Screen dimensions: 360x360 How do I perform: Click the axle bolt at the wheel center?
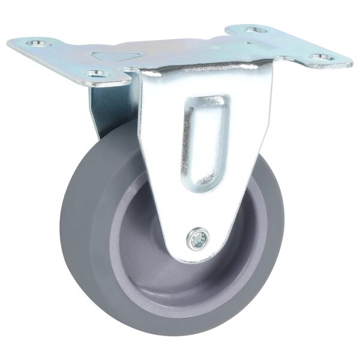tap(198, 239)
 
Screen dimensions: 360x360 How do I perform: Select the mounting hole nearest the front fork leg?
tap(96, 74)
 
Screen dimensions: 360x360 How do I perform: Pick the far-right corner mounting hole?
tap(322, 58)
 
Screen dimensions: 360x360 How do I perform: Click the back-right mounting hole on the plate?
tap(254, 29)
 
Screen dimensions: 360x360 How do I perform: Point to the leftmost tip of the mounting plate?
tap(9, 43)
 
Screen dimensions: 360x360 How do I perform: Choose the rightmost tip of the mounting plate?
tap(352, 61)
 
